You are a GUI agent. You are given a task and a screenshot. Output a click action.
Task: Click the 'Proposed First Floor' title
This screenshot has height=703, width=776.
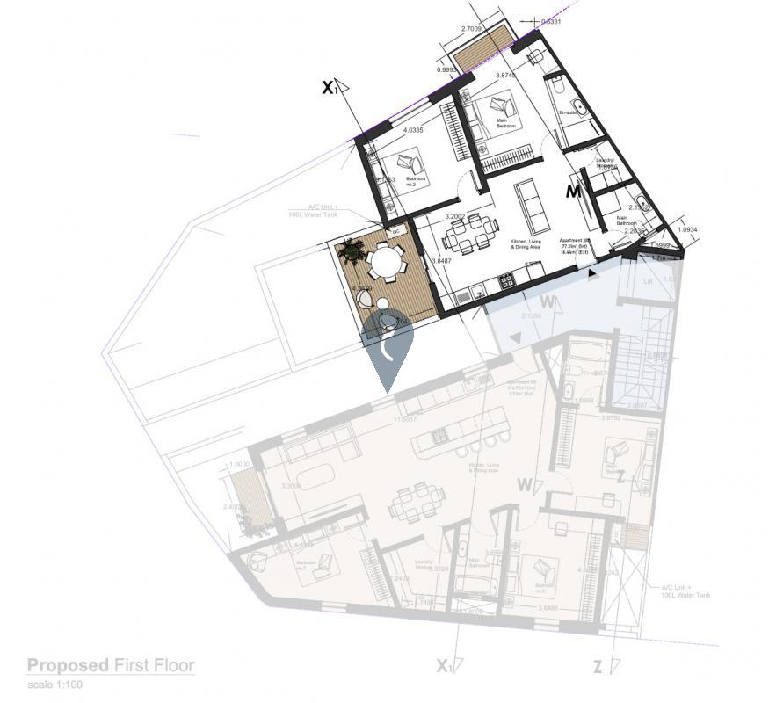click(110, 665)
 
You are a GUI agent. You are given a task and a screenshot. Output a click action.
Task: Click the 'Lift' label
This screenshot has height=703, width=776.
click(648, 282)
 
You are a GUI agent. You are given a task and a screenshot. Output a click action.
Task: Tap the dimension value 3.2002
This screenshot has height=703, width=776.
click(454, 216)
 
